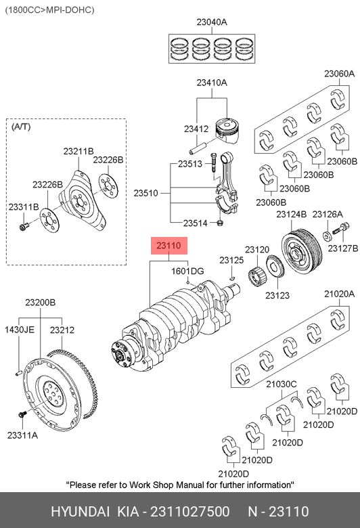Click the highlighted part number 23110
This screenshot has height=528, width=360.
[168, 246]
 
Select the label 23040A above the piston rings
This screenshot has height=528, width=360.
[212, 22]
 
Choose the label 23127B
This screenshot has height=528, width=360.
[343, 248]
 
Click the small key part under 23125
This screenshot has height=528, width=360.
[231, 278]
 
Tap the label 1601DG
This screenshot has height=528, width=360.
[187, 271]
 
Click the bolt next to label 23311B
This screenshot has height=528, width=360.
[23, 227]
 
